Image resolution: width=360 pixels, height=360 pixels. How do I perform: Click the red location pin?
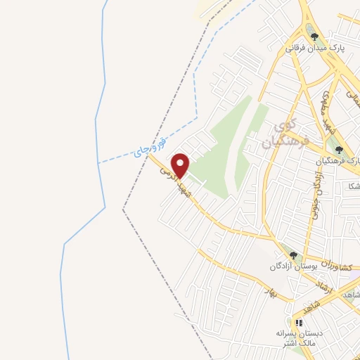pos(181,165)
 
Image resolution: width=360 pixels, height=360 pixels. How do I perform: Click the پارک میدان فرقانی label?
pos(314,48)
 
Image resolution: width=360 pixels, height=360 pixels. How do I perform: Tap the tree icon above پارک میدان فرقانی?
pos(314,37)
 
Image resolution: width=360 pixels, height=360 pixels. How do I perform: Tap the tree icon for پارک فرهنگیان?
pos(340,149)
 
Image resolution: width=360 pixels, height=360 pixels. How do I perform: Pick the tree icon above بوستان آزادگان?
pos(293,255)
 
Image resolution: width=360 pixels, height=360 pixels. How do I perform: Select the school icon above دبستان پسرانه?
pos(299,323)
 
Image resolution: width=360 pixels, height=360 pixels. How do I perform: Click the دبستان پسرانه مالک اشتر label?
pos(300,338)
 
